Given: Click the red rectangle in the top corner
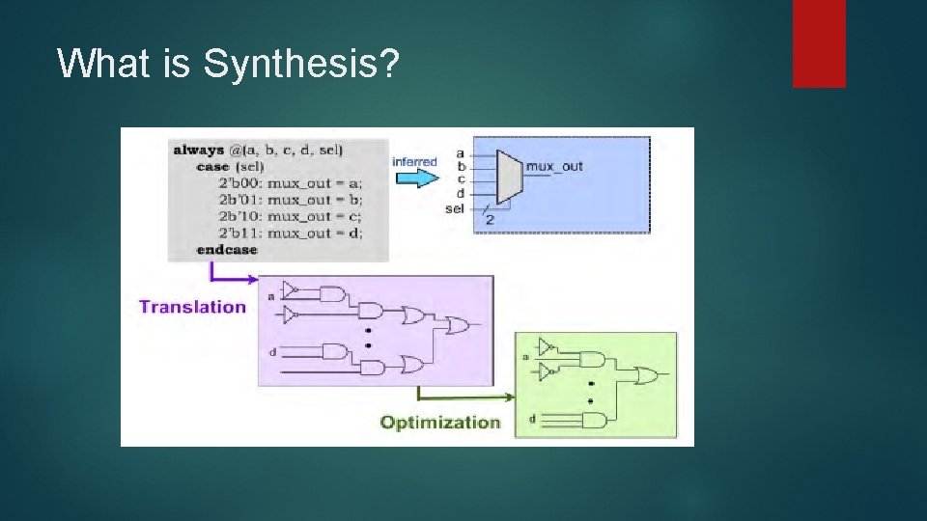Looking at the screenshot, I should [819, 43].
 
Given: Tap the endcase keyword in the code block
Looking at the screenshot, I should [227, 250].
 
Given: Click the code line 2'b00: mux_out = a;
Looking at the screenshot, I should [291, 183].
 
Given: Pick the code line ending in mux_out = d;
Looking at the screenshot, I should [291, 233].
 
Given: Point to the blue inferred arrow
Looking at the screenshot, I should [414, 178].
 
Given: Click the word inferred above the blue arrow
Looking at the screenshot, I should [414, 162].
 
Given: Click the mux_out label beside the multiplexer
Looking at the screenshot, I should [555, 166].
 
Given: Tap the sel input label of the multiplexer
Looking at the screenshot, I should [454, 207].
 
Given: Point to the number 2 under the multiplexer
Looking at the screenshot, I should [490, 220].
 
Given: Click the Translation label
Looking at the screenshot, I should [193, 307].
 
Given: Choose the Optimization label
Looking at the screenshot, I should [440, 422].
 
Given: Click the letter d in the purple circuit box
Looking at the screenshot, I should [272, 352].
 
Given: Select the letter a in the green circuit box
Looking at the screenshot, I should [526, 357].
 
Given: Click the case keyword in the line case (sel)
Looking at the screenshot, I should [212, 166].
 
